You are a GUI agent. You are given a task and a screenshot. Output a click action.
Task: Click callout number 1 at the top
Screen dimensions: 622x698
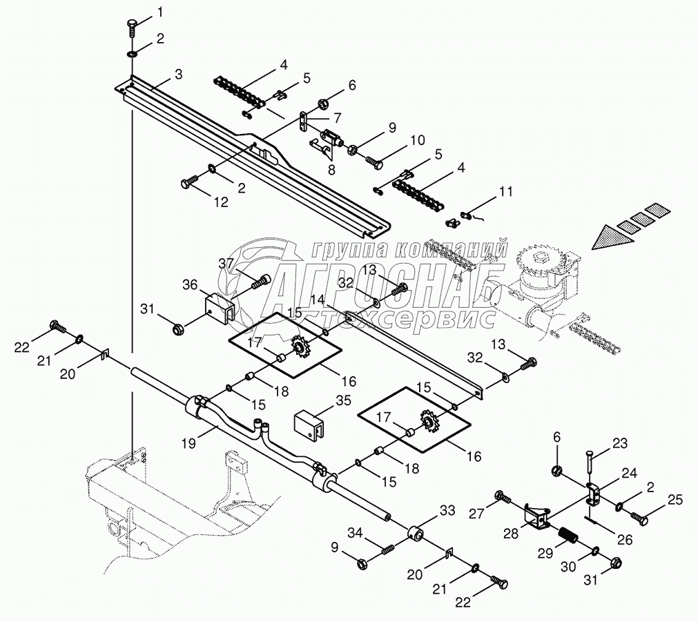161,12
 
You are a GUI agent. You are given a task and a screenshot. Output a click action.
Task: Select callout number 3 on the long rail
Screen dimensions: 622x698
178,72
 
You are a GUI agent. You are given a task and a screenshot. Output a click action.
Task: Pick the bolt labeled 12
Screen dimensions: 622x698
188,182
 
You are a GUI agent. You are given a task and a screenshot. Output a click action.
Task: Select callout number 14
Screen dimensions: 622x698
317,299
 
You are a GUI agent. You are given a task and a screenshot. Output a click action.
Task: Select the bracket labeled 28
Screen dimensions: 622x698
536,515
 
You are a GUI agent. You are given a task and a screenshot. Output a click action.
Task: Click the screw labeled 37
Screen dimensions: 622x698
262,282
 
